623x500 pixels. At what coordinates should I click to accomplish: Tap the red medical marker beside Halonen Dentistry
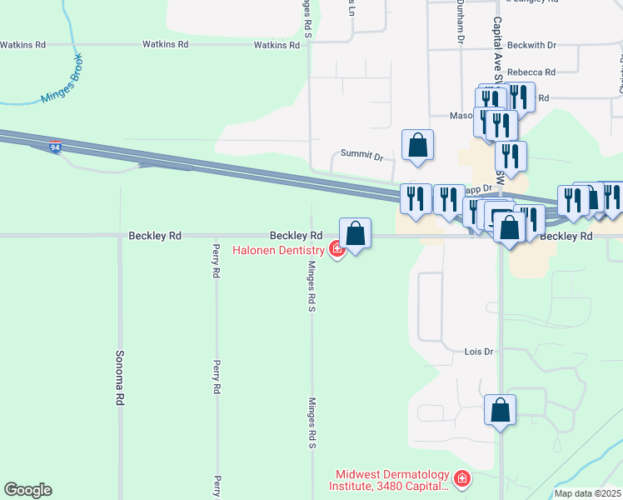(x=337, y=248)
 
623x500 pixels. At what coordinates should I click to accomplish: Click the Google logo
(x=27, y=490)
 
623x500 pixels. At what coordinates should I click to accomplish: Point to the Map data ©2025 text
(x=587, y=493)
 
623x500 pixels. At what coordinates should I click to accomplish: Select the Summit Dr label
(x=361, y=155)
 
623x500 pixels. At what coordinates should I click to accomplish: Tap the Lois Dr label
(x=479, y=352)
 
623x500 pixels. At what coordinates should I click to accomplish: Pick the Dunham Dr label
(x=459, y=22)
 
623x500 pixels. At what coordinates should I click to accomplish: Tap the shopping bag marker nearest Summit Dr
(x=417, y=145)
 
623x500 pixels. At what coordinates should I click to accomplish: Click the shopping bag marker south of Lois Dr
(x=500, y=410)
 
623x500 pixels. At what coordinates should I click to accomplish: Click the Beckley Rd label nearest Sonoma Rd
(x=155, y=236)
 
